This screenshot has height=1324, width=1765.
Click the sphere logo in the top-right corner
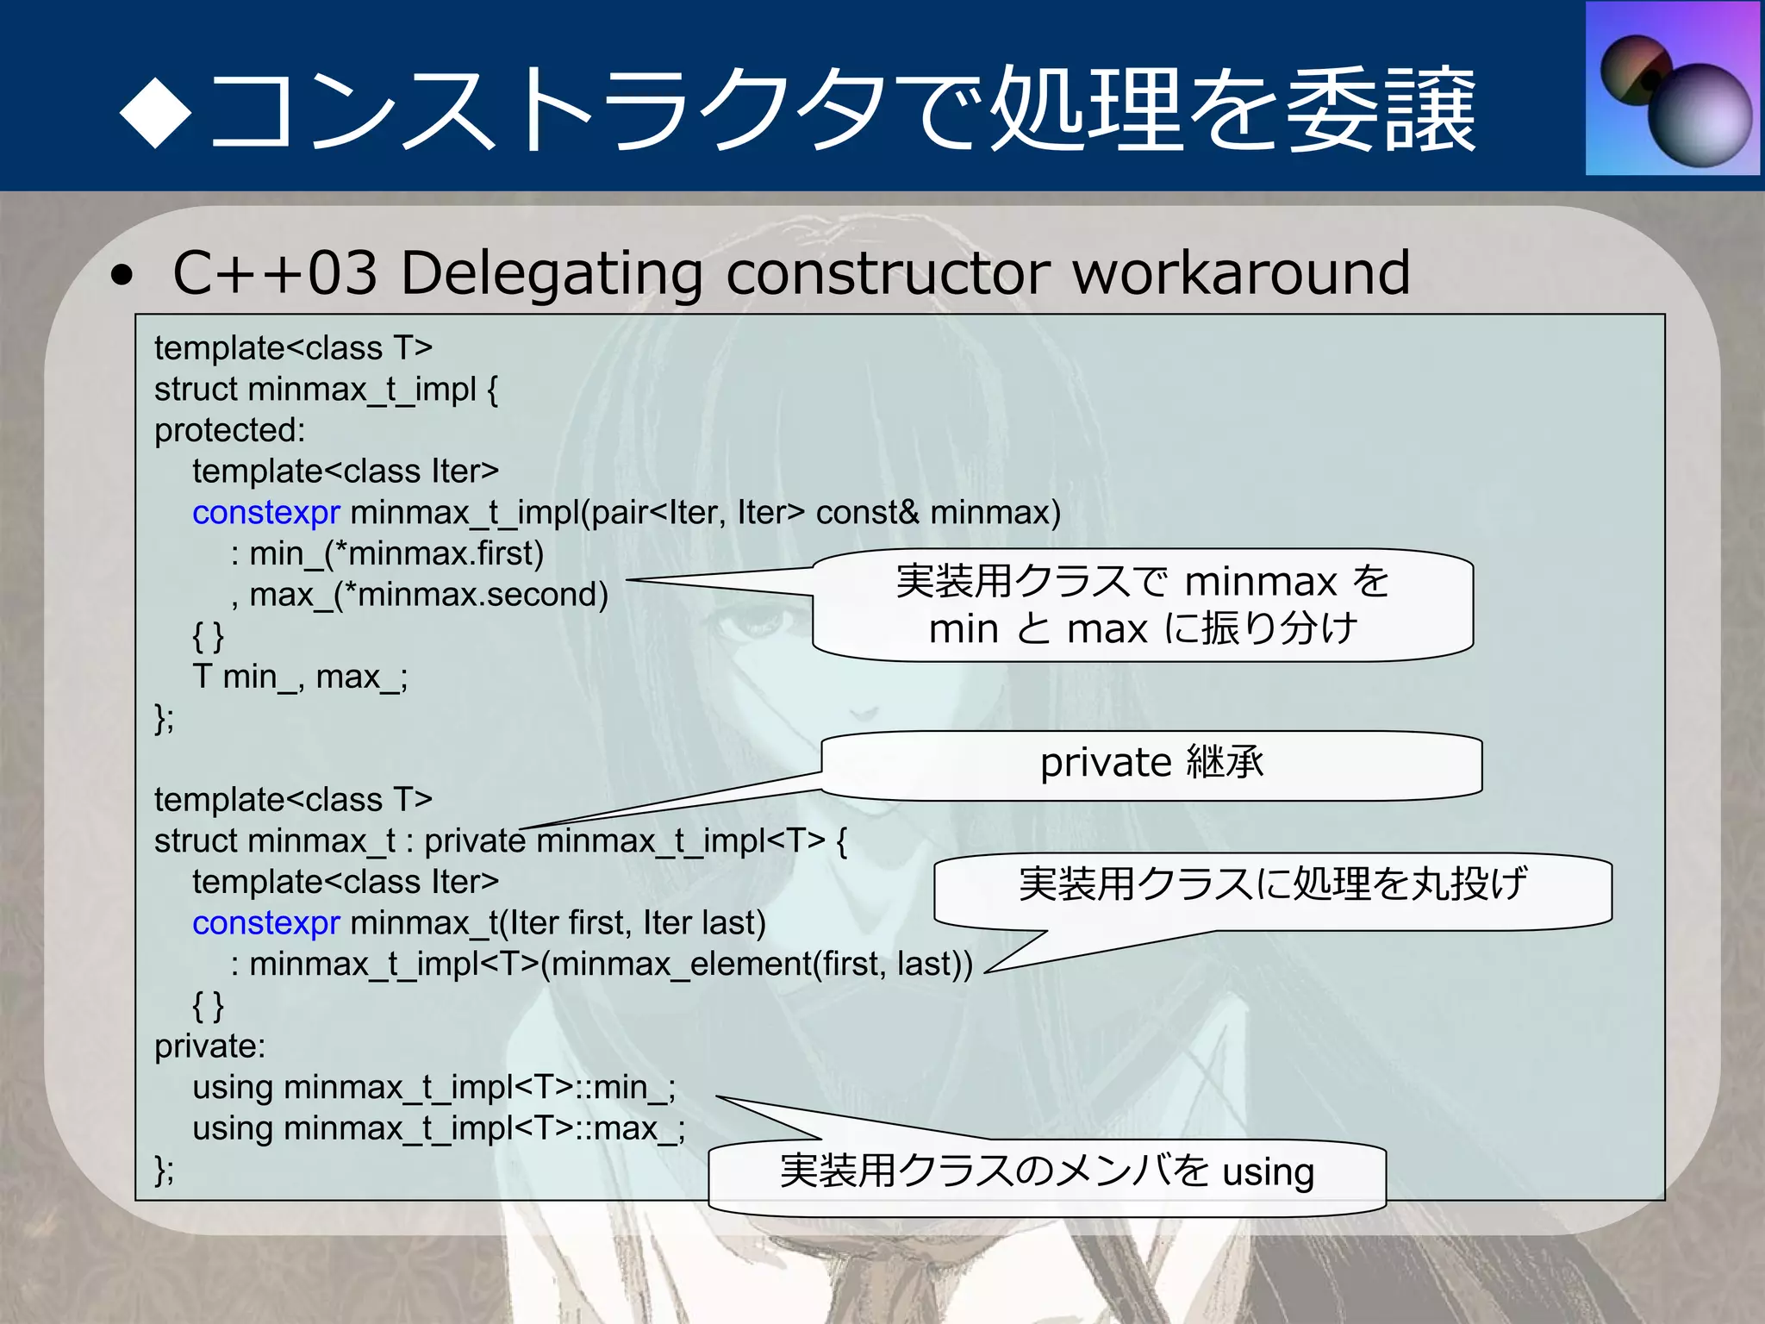1673,89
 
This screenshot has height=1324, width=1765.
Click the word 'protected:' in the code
229,430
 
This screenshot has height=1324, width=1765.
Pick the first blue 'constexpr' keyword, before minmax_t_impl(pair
266,513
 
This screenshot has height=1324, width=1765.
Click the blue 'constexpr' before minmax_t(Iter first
266,923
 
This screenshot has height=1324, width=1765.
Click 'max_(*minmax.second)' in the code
428,595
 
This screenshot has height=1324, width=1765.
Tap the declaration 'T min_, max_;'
300,678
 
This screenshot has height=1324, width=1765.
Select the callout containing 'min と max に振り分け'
1143,605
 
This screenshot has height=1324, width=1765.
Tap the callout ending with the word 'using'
1046,1173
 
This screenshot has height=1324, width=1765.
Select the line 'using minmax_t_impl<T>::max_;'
439,1128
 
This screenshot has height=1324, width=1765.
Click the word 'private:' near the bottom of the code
209,1046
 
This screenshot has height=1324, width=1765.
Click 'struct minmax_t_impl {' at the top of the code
326,390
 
